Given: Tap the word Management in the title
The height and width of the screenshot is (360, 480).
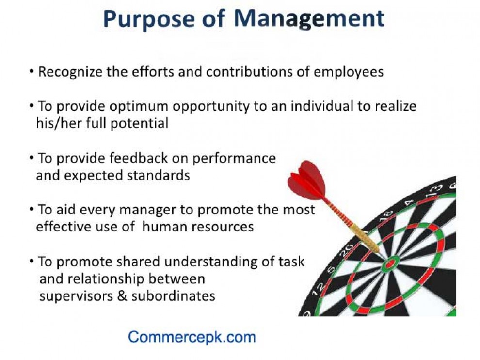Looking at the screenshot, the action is [309, 19].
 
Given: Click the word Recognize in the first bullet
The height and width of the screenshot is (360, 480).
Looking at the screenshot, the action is [70, 72].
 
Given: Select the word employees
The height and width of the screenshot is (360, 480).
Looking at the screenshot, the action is [349, 72].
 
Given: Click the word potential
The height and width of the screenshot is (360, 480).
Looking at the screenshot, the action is [139, 123].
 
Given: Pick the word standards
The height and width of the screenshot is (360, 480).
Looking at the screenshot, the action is [158, 176].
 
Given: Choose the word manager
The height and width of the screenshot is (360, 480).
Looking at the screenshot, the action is [147, 211].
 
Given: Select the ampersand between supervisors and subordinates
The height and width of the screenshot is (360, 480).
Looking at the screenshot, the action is [122, 296].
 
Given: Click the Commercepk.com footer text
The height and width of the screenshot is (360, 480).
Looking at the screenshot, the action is [192, 337].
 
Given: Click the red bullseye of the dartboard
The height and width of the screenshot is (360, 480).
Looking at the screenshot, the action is [390, 264].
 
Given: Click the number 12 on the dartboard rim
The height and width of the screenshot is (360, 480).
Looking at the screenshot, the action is [318, 289].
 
